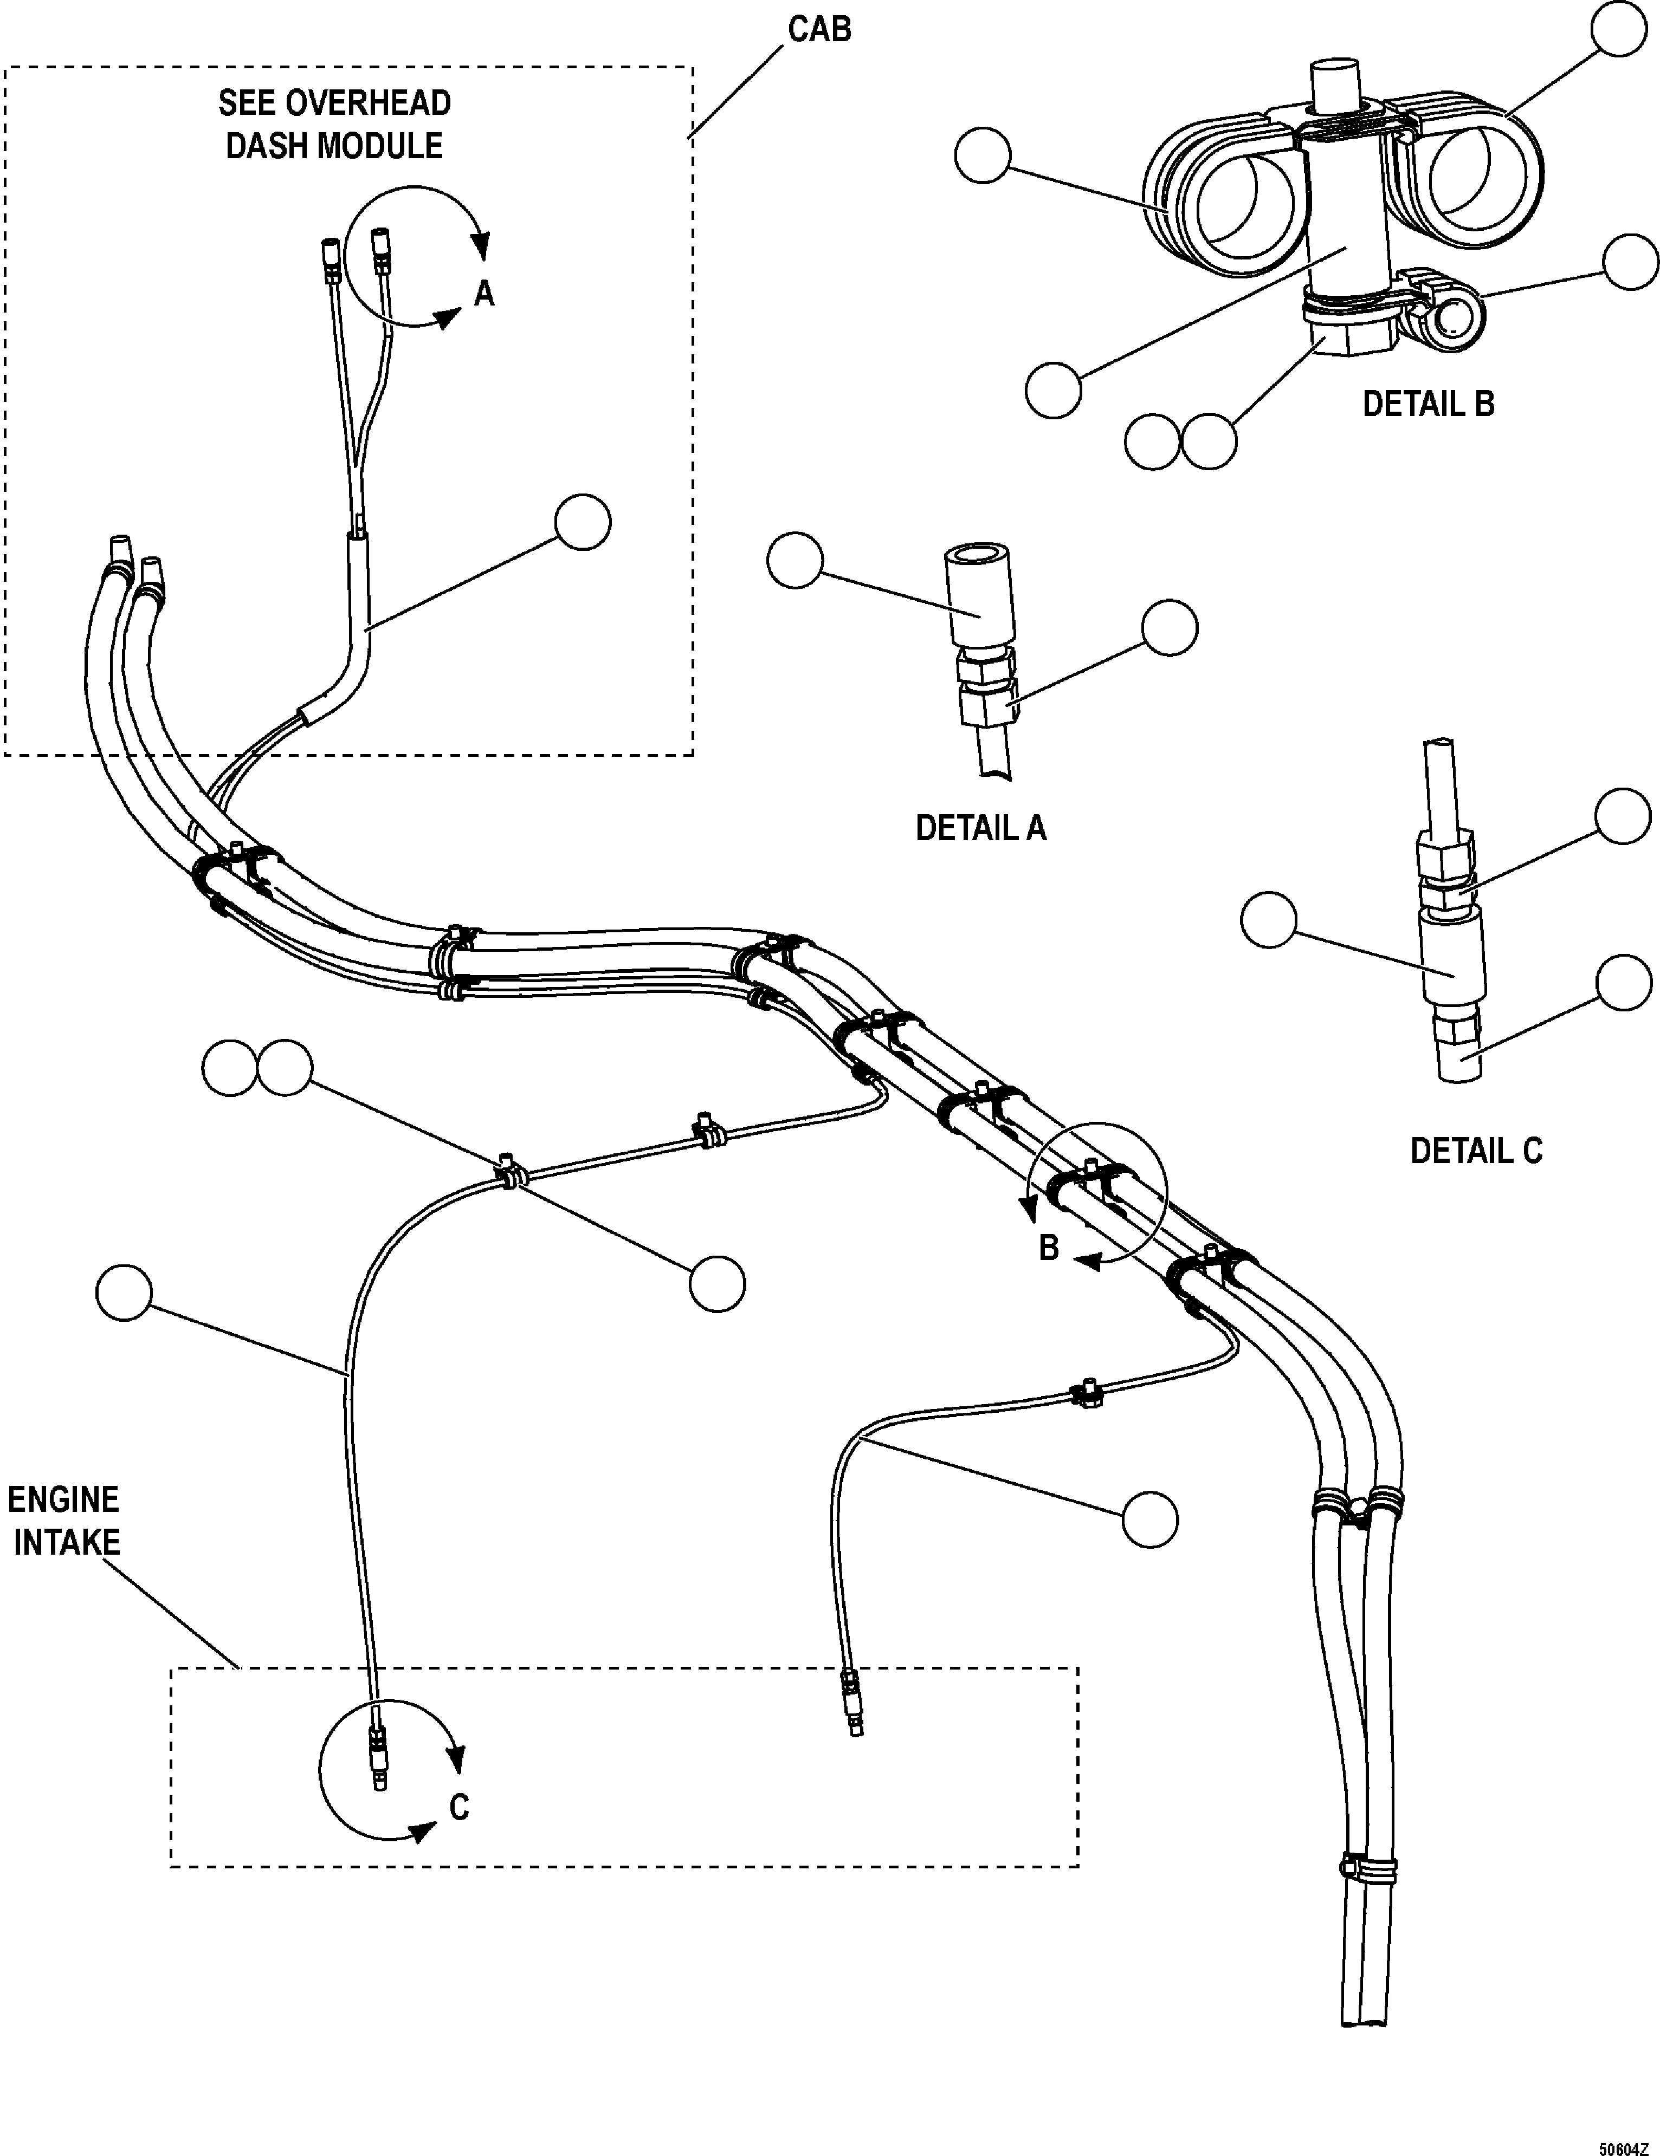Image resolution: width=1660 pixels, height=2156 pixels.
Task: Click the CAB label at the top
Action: point(819,30)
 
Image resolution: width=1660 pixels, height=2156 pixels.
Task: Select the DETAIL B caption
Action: point(1428,404)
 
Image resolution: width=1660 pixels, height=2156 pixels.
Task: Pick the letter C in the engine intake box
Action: point(459,1807)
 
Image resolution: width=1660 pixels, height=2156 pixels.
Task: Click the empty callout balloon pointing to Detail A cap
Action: point(795,560)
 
